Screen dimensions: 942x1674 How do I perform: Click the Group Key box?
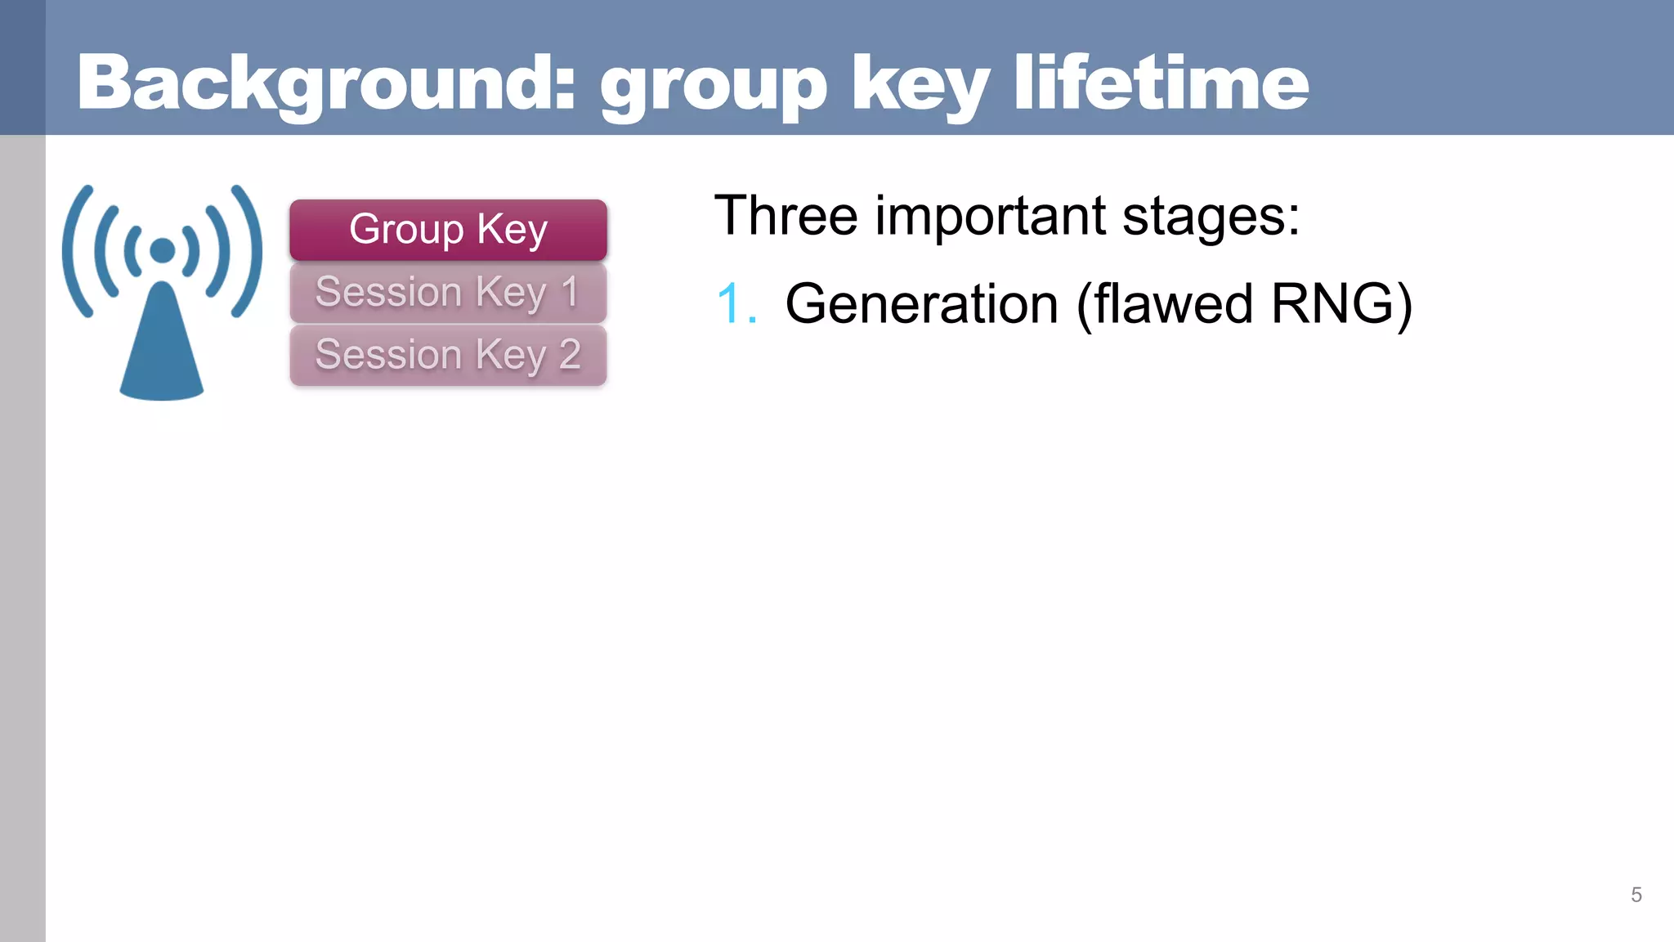click(x=448, y=229)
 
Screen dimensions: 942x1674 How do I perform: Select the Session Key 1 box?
click(x=448, y=292)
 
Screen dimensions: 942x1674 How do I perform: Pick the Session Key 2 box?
click(x=448, y=355)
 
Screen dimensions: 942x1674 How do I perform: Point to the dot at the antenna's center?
click(x=163, y=250)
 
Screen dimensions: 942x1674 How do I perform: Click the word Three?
click(x=786, y=216)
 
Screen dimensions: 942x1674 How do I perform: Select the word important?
click(x=991, y=216)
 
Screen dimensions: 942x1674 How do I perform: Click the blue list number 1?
click(x=733, y=304)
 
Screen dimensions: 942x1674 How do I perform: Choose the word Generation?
click(x=921, y=304)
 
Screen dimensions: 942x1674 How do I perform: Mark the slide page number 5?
click(x=1636, y=895)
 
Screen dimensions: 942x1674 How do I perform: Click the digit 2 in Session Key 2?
click(x=570, y=355)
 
